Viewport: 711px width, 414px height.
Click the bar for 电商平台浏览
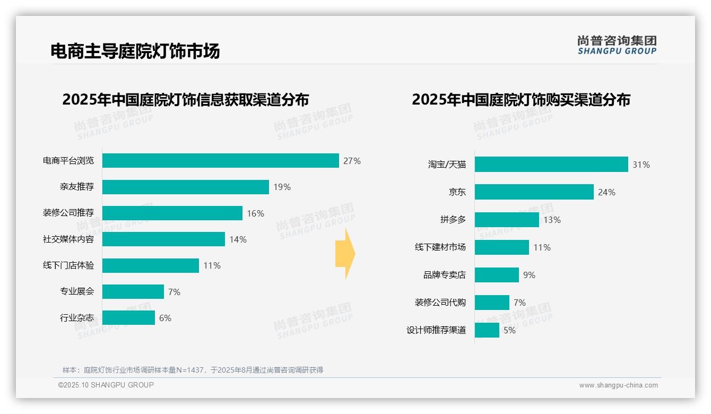[220, 161]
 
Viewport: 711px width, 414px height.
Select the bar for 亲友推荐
[186, 187]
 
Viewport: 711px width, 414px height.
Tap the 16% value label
[255, 213]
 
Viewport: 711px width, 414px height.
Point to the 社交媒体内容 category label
[68, 239]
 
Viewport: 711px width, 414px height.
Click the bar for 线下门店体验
[151, 265]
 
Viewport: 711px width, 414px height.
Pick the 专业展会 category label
[77, 291]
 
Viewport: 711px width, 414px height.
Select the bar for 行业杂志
[128, 318]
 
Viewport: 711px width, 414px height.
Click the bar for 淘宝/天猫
[551, 165]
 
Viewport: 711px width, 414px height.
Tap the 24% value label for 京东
[606, 192]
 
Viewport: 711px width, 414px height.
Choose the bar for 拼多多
[507, 220]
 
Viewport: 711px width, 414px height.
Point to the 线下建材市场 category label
[440, 247]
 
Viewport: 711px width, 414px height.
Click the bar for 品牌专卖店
[497, 275]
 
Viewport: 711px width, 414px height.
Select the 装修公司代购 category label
[440, 303]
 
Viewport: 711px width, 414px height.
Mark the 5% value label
[509, 330]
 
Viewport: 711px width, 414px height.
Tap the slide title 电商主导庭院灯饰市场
[135, 51]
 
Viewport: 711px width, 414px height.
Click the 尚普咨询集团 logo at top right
[617, 45]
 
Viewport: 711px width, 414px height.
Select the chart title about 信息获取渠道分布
[185, 100]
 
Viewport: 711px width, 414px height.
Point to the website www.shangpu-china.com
[618, 385]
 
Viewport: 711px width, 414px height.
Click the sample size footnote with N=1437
[193, 370]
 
